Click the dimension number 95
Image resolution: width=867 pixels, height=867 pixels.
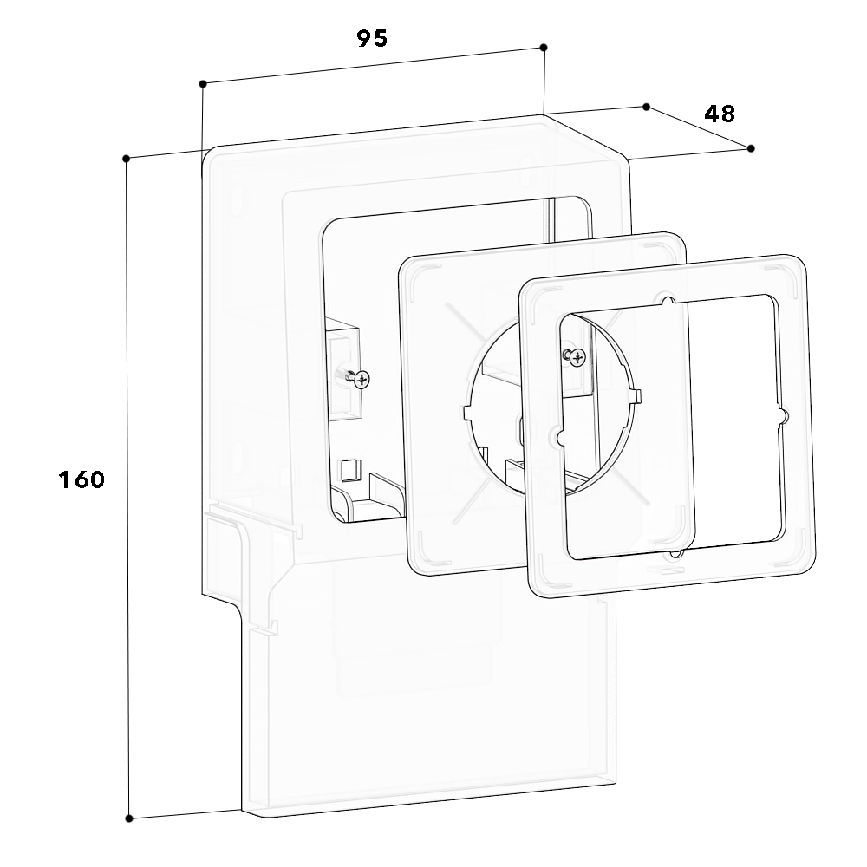(372, 38)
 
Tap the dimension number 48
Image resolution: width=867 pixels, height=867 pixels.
(720, 114)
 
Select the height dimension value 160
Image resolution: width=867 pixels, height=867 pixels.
(81, 479)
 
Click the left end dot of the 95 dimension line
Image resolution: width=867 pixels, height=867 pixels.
(203, 83)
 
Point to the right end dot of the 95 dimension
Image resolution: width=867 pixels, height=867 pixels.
(544, 48)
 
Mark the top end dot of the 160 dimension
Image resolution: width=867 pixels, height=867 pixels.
(126, 159)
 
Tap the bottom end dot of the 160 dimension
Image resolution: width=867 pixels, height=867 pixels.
(129, 818)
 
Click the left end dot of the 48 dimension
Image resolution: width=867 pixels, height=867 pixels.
(647, 107)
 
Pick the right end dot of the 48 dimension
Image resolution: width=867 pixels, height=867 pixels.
(750, 148)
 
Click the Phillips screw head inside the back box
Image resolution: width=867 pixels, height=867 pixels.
(362, 380)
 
